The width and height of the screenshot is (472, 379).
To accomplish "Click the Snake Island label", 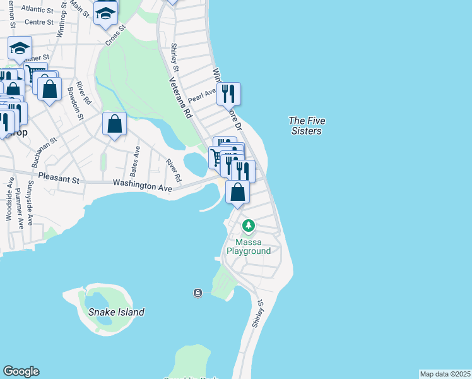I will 116,312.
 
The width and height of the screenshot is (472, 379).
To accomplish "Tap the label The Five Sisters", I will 305,126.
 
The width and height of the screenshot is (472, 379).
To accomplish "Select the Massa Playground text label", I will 253,246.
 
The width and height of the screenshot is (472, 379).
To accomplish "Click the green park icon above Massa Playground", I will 249,226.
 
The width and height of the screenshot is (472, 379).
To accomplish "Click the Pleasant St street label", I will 59,179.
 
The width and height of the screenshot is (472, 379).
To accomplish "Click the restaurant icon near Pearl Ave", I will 229,94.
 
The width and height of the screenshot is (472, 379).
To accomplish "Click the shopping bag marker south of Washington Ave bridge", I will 237,193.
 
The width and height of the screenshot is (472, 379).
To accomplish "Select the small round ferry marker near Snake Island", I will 198,292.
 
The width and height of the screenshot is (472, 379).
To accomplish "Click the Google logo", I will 21,371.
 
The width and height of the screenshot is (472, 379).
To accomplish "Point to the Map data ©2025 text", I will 445,374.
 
